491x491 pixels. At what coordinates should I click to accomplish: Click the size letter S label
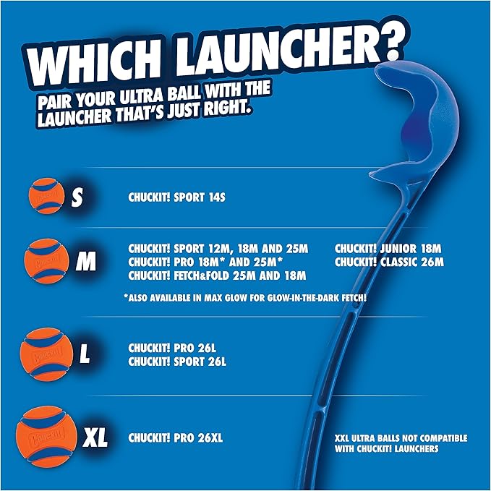(x=77, y=198)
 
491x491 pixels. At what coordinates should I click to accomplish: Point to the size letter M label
(x=85, y=262)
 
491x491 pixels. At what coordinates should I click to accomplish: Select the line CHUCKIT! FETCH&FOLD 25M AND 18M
(x=217, y=276)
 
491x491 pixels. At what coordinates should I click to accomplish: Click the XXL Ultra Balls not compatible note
(x=401, y=443)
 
